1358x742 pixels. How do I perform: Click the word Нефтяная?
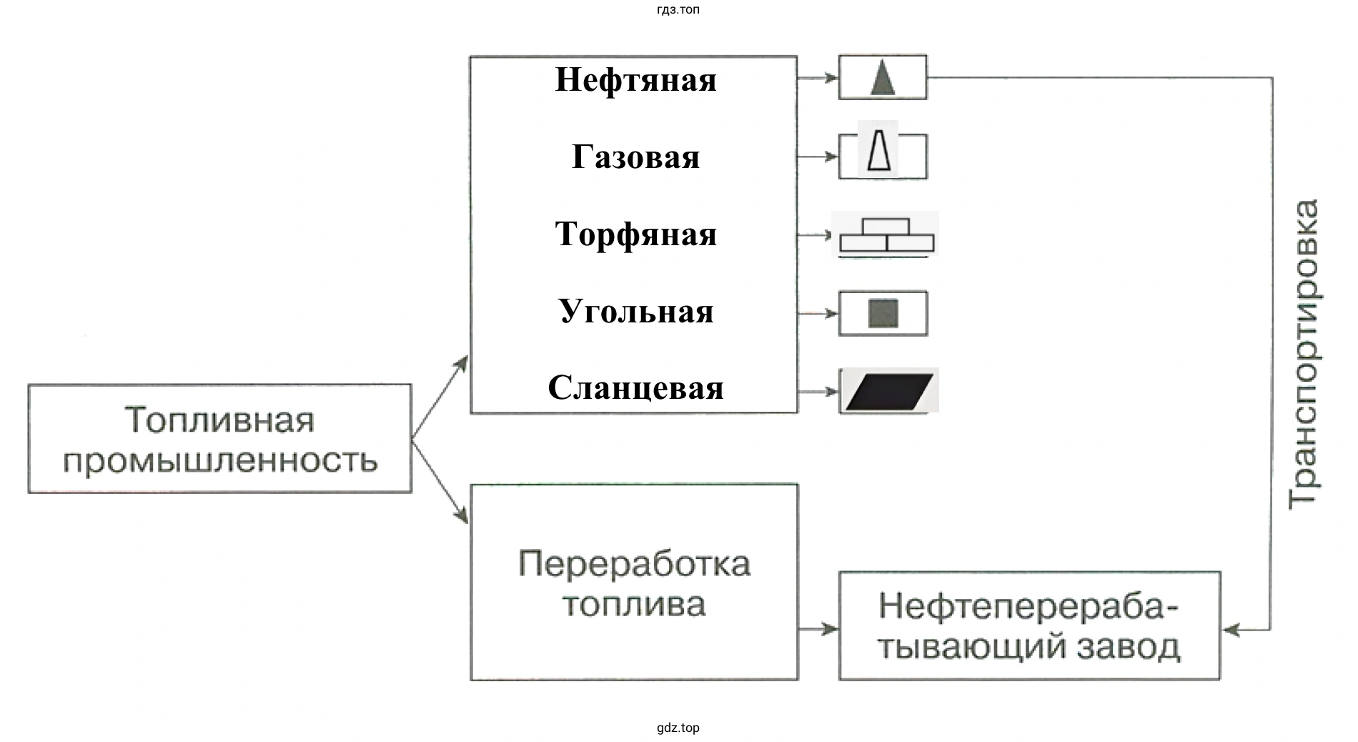tap(635, 79)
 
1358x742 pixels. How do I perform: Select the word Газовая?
tap(635, 157)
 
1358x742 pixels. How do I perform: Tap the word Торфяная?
tap(635, 234)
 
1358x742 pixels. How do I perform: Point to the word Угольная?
tap(635, 312)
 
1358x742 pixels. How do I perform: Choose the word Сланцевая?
tap(635, 388)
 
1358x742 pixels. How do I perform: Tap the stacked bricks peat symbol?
tap(886, 235)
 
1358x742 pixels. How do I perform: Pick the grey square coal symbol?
tap(883, 314)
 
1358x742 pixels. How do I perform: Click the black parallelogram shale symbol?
tap(889, 391)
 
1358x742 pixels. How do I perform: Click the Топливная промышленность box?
tap(219, 439)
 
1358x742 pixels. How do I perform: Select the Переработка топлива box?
tap(634, 583)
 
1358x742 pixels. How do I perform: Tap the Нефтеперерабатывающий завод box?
tap(1029, 626)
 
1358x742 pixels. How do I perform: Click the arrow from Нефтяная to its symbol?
tap(818, 77)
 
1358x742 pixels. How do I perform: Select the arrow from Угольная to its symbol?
tap(818, 313)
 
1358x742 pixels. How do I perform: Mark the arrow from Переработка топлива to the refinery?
tap(818, 629)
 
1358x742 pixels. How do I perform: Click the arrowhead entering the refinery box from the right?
tap(1231, 630)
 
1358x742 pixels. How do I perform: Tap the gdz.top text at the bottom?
tap(678, 728)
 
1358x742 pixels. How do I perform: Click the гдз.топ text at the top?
tap(678, 9)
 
